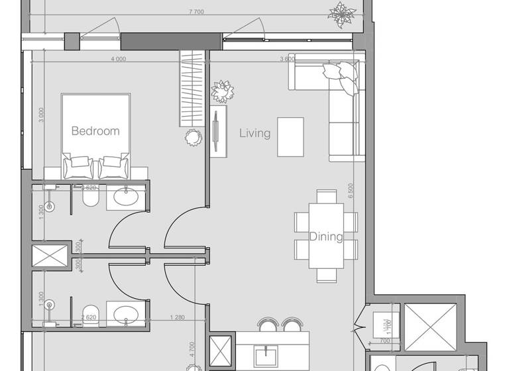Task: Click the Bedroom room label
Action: (x=95, y=131)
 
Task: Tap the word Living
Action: (x=254, y=133)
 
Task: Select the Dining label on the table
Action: (x=326, y=237)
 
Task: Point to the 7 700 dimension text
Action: (x=196, y=12)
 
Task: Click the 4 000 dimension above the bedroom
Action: (x=118, y=59)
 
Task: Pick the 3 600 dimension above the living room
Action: (x=287, y=59)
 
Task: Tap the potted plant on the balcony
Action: (x=343, y=14)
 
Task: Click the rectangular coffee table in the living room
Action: (x=290, y=136)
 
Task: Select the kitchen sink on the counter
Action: (x=268, y=351)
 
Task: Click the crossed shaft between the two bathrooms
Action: (x=50, y=258)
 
